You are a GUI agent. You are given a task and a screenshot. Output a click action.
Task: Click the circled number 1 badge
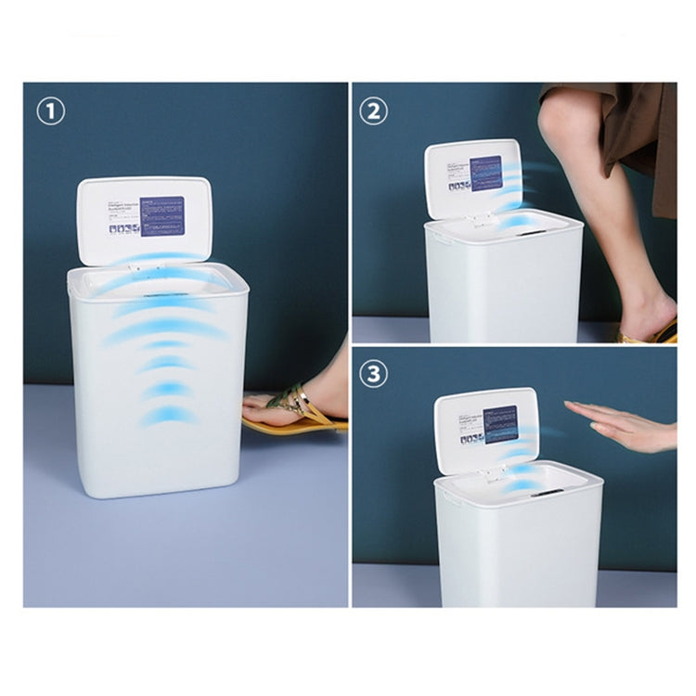[51, 111]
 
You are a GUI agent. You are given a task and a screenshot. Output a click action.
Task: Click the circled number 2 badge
[374, 111]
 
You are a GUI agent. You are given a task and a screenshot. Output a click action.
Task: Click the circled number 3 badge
[374, 375]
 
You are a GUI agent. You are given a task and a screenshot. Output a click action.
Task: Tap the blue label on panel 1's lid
[162, 216]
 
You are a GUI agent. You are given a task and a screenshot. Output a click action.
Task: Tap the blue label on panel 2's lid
[486, 173]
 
